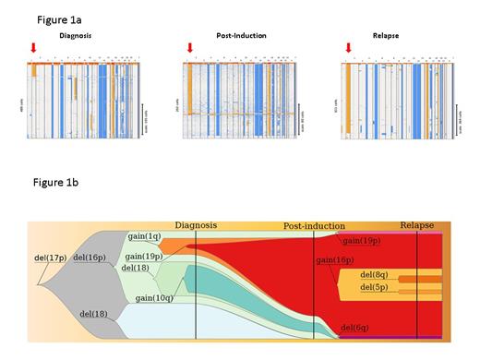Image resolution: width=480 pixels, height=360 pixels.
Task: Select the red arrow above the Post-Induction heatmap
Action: click(x=190, y=48)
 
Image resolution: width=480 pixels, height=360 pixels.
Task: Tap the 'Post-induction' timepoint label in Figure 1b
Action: click(x=314, y=226)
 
